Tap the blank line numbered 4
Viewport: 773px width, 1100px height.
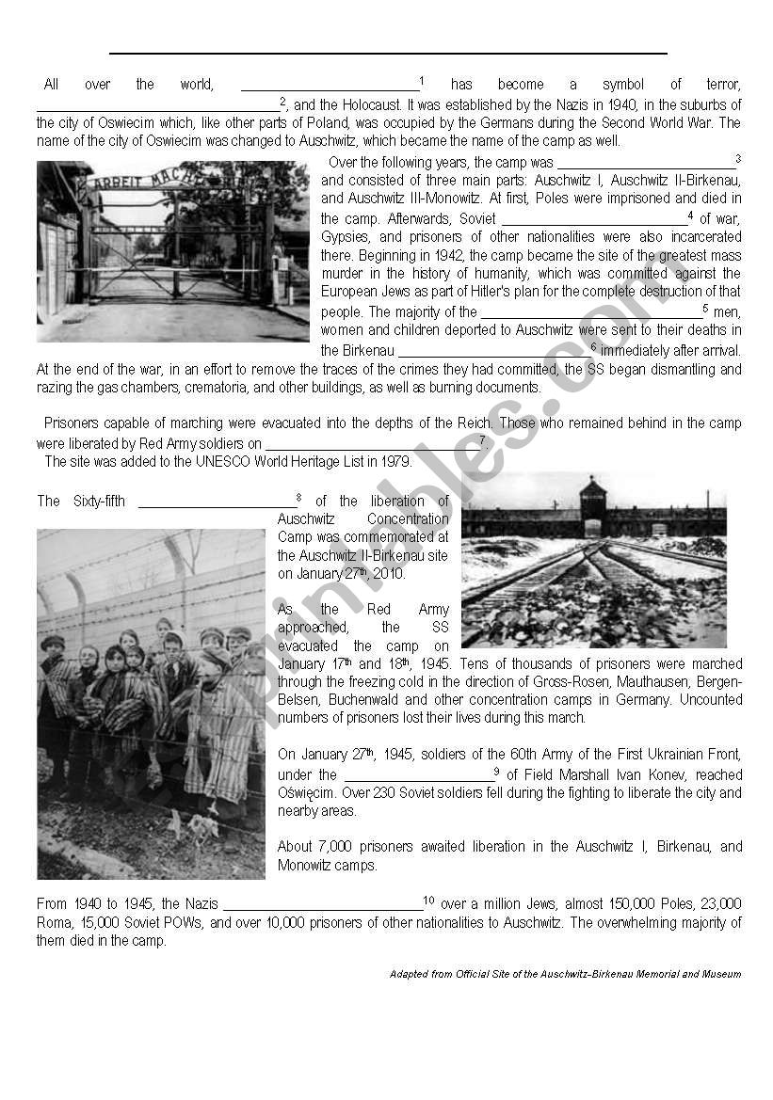pyautogui.click(x=593, y=221)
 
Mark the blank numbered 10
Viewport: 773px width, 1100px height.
pyautogui.click(x=321, y=905)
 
